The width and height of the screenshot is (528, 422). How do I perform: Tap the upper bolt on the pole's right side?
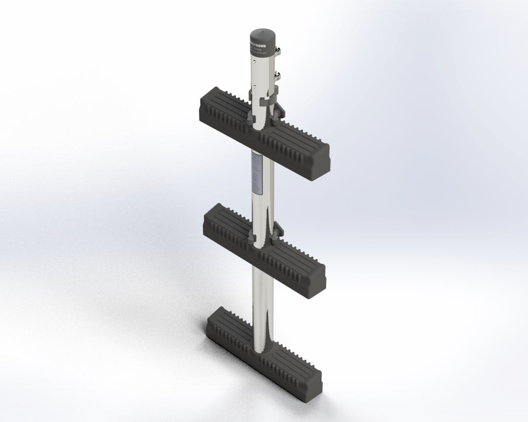pos(279,50)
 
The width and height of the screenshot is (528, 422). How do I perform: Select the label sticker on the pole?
pos(256,173)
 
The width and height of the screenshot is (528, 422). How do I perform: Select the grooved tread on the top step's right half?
pos(298,139)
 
